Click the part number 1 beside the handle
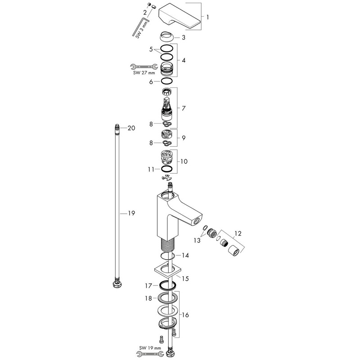208,17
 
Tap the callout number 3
184,37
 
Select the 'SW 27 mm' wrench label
144,73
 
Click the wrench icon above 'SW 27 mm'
144,67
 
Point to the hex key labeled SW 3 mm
141,27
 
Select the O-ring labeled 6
166,81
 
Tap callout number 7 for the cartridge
184,108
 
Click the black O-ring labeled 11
166,169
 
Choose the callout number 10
184,162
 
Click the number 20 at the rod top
131,128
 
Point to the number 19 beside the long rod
131,213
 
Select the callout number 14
185,255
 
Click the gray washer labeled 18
167,298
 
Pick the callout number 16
185,315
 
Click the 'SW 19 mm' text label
150,348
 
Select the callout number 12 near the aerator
238,234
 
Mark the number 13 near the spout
197,240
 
